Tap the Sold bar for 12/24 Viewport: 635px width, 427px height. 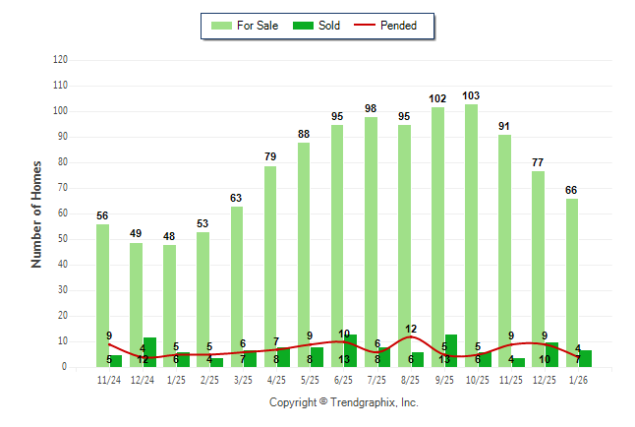(x=149, y=352)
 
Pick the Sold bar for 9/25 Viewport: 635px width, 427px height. (x=451, y=351)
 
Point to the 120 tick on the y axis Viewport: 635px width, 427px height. (x=60, y=60)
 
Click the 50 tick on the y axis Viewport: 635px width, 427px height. (x=62, y=239)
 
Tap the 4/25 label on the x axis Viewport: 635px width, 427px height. (x=276, y=379)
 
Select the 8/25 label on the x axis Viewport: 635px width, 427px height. (x=410, y=379)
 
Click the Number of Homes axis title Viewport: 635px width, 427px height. (x=36, y=213)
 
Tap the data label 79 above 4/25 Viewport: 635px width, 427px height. (x=270, y=157)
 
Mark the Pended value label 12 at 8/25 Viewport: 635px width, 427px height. (x=411, y=329)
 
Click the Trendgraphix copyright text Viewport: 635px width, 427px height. (x=343, y=402)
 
